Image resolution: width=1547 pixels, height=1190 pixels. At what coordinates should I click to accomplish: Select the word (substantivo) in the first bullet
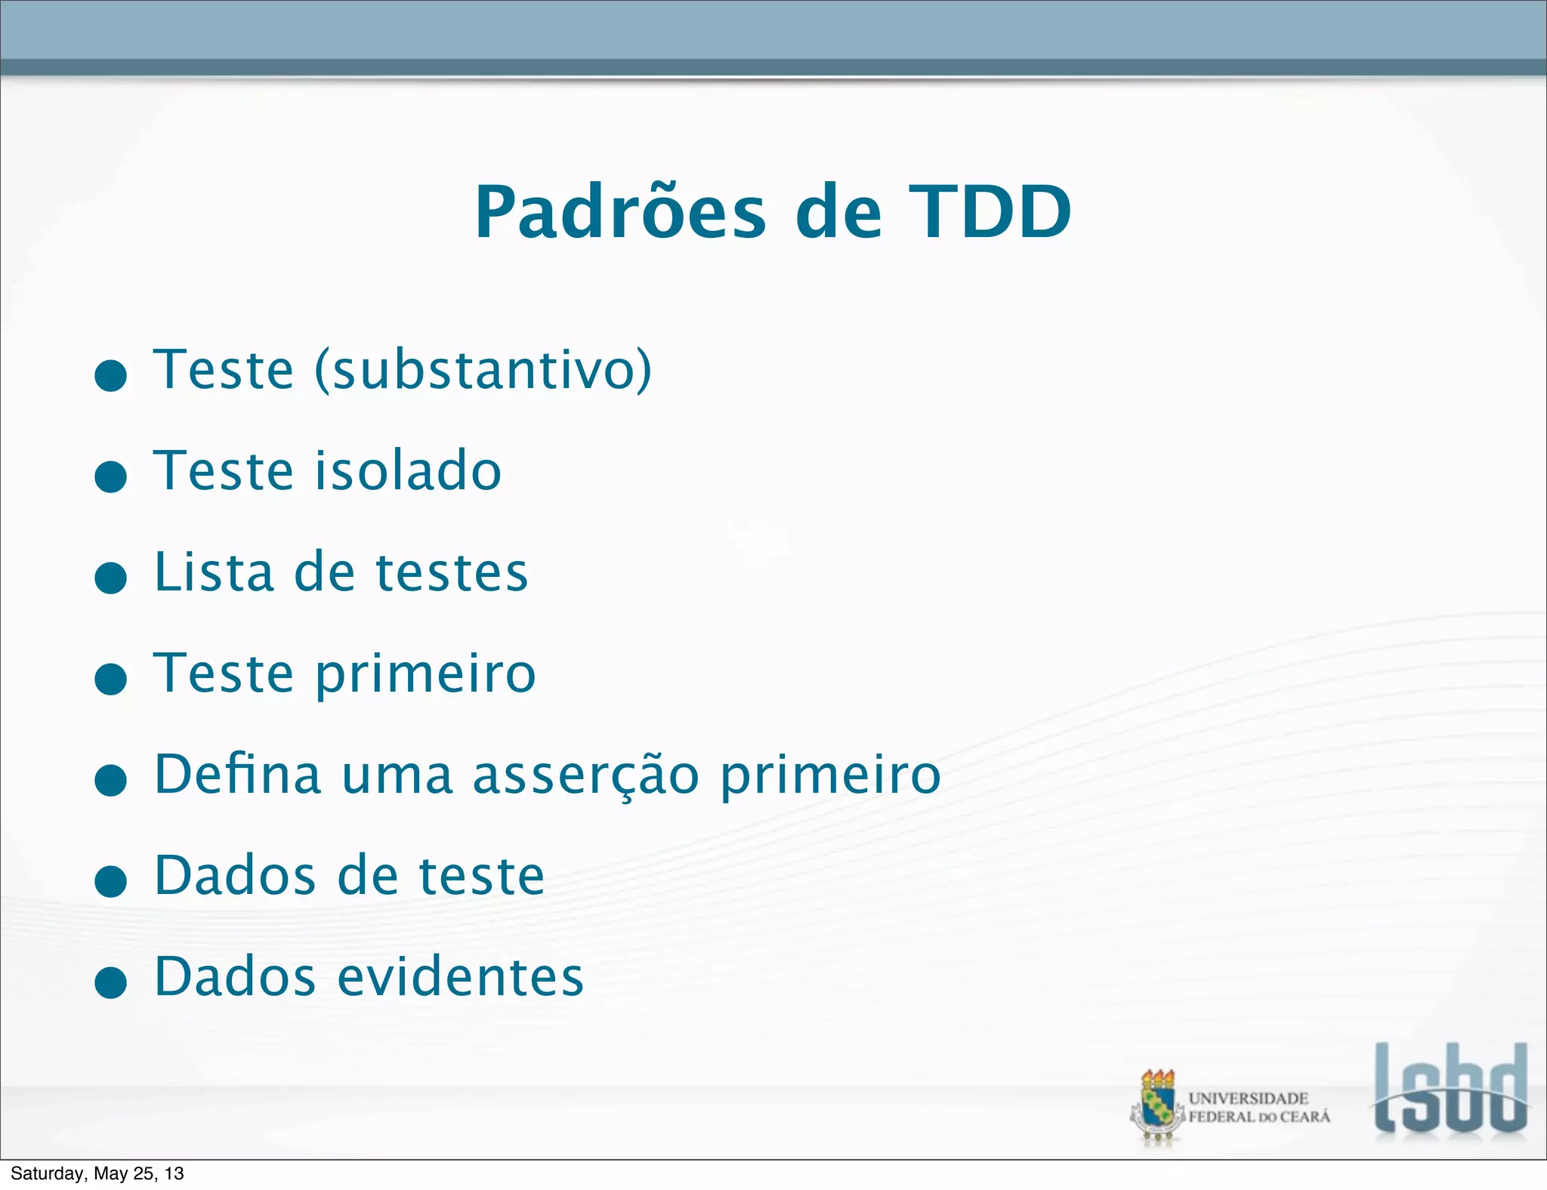click(483, 370)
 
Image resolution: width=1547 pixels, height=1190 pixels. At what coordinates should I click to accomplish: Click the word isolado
click(408, 470)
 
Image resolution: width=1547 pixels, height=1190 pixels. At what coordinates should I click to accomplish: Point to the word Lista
click(214, 572)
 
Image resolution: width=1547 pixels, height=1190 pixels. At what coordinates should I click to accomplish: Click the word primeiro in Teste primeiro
click(425, 674)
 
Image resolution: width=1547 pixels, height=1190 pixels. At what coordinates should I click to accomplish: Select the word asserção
click(586, 775)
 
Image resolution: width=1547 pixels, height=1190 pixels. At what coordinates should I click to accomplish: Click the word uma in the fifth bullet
click(397, 775)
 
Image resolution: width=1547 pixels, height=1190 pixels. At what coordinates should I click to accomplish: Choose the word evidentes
click(460, 976)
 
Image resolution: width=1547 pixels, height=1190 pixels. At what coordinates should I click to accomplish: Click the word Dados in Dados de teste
click(235, 876)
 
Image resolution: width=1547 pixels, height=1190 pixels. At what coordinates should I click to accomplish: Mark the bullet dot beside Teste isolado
click(111, 477)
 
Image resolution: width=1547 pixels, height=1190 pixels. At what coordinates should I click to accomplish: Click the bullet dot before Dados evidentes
click(111, 982)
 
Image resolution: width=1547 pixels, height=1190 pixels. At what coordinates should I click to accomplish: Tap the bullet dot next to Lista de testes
click(111, 578)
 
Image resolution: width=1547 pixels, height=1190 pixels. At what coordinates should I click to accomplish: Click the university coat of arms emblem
click(1156, 1107)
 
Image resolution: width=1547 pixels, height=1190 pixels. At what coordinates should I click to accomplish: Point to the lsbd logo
click(1450, 1091)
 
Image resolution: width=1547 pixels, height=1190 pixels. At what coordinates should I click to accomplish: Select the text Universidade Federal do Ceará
click(1258, 1107)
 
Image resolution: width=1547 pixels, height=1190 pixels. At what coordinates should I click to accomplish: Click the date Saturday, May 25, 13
click(97, 1173)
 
